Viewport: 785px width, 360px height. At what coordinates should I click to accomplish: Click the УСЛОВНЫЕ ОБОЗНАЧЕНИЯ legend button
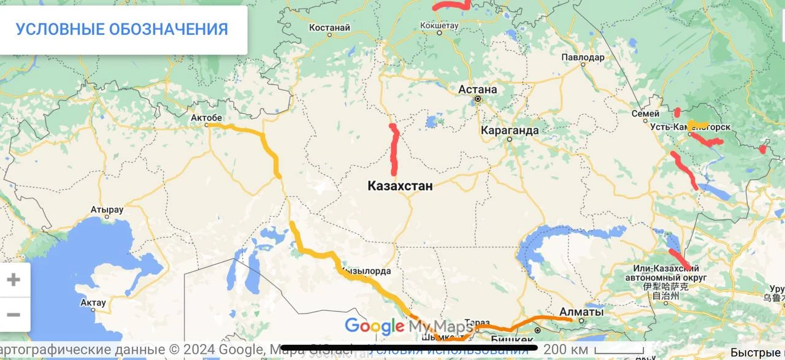coord(121,29)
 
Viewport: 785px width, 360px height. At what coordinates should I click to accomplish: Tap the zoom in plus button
coord(13,280)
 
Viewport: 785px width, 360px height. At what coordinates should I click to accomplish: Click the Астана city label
coord(478,90)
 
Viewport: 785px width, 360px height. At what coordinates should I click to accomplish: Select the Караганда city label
coord(510,130)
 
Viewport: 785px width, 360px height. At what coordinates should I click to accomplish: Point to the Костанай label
coord(329,28)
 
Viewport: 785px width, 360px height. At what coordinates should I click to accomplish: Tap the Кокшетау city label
coord(439,25)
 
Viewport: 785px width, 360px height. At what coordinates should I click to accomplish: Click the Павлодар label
coord(583,57)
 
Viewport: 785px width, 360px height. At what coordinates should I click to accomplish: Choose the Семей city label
coord(646,113)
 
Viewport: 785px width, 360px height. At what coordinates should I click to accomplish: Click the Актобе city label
coord(206,117)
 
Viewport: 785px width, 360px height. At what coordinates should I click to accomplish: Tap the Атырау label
coord(107,210)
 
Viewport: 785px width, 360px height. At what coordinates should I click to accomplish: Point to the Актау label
coord(93,302)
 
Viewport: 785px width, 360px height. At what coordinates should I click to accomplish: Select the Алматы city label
coord(581,312)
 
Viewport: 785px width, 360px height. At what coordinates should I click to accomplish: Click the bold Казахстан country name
coord(400,186)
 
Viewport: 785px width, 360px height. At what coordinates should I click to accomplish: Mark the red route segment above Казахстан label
coord(394,148)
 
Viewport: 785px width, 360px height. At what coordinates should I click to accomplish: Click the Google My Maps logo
coord(408,326)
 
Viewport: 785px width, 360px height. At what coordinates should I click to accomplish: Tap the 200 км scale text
coord(565,349)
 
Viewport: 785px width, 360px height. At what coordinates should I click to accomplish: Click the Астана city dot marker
coord(477,99)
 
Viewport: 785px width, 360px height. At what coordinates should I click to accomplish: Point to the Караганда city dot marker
coord(509,139)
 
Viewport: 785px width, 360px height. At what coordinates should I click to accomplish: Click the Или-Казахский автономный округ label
coord(670,274)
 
